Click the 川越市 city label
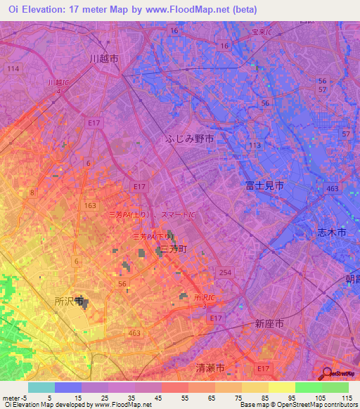[x=103, y=58]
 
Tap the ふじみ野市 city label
[x=190, y=139]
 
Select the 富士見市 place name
[x=264, y=185]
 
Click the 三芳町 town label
[x=172, y=249]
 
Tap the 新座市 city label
[x=269, y=323]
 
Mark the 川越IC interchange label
[x=59, y=86]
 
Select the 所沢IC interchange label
[x=204, y=301]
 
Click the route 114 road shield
[x=13, y=69]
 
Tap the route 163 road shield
[x=89, y=205]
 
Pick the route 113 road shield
[x=255, y=145]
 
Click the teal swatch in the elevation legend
[x=41, y=387]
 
